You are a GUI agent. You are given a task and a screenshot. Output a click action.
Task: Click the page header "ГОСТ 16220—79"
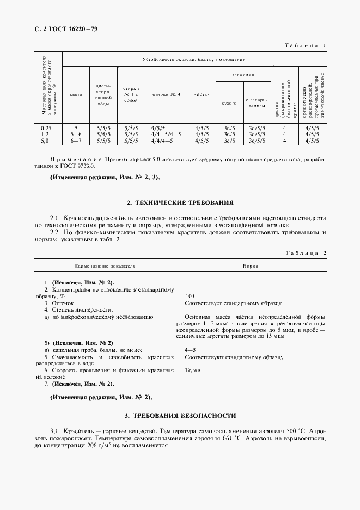[65, 28]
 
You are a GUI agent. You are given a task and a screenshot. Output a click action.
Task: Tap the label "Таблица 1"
[304, 46]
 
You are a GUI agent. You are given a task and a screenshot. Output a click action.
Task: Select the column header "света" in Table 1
[76, 94]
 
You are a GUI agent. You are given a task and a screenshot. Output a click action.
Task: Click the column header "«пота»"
[202, 94]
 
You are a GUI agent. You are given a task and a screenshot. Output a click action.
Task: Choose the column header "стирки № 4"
[166, 94]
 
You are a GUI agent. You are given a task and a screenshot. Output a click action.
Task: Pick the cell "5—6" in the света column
[76, 134]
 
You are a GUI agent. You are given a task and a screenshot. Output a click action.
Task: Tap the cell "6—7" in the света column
[76, 141]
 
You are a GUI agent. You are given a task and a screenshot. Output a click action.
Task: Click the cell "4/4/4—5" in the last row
[162, 141]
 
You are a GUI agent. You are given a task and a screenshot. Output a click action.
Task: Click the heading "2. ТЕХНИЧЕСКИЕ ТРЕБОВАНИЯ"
[180, 203]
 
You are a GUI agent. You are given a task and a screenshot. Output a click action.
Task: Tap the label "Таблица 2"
[304, 253]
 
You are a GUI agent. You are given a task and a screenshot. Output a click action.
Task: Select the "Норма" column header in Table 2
[251, 267]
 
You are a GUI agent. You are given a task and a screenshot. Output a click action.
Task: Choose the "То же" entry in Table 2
[192, 370]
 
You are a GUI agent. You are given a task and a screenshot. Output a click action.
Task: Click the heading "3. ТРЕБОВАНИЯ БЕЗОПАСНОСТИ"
[180, 416]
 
